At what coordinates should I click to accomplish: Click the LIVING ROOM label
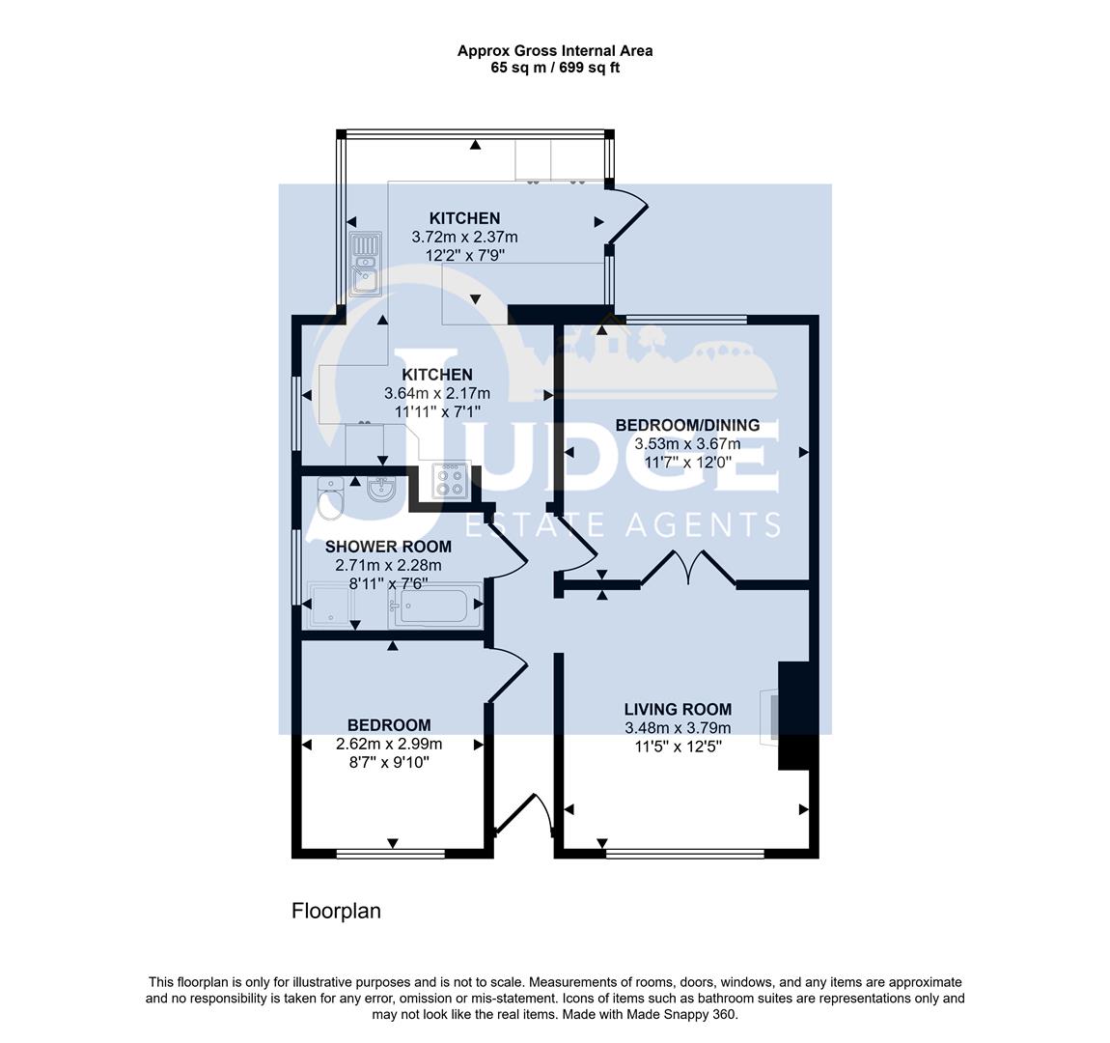[x=678, y=709]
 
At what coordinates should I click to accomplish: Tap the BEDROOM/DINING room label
[x=687, y=425]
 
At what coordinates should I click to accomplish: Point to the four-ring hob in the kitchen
[x=450, y=480]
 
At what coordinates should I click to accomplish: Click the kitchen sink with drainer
[x=365, y=264]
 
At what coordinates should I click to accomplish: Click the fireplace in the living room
[x=771, y=717]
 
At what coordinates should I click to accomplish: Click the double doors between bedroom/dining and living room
[x=688, y=570]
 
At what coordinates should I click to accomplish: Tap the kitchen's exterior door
[x=625, y=216]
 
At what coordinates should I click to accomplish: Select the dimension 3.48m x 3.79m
[x=678, y=728]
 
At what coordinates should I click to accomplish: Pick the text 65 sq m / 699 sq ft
[x=555, y=68]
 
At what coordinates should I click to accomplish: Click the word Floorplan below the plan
[x=336, y=911]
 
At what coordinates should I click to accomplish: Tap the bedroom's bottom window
[x=391, y=854]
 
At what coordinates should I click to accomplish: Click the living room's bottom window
[x=684, y=854]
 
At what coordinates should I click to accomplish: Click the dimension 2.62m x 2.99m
[x=389, y=744]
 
